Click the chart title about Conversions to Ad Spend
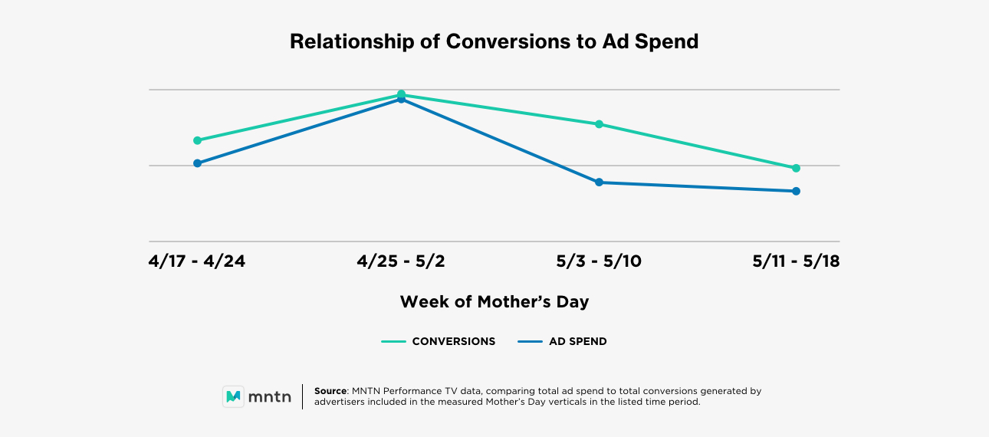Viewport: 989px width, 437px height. coord(494,41)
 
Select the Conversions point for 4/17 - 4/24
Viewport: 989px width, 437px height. coord(197,140)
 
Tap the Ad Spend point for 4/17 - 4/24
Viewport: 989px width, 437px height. coord(197,163)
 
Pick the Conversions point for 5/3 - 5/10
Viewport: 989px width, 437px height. coord(599,124)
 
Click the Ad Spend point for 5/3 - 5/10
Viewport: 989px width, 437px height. coord(599,182)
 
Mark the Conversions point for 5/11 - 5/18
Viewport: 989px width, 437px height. coord(796,168)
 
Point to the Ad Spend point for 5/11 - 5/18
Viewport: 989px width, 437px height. coord(796,191)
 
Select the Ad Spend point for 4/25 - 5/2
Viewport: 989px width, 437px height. coord(401,100)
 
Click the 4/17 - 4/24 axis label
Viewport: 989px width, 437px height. coord(197,261)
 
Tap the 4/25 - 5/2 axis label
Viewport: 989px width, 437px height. coord(401,261)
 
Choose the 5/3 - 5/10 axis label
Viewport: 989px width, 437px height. coord(599,261)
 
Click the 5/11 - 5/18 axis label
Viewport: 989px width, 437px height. coord(796,261)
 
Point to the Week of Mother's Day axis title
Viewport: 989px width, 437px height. coord(495,302)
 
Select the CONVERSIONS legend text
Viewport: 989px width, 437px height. coord(454,342)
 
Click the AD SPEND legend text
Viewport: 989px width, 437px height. coord(577,342)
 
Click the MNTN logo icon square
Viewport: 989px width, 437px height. coord(234,396)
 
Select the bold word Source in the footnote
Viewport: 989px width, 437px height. coord(331,391)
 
